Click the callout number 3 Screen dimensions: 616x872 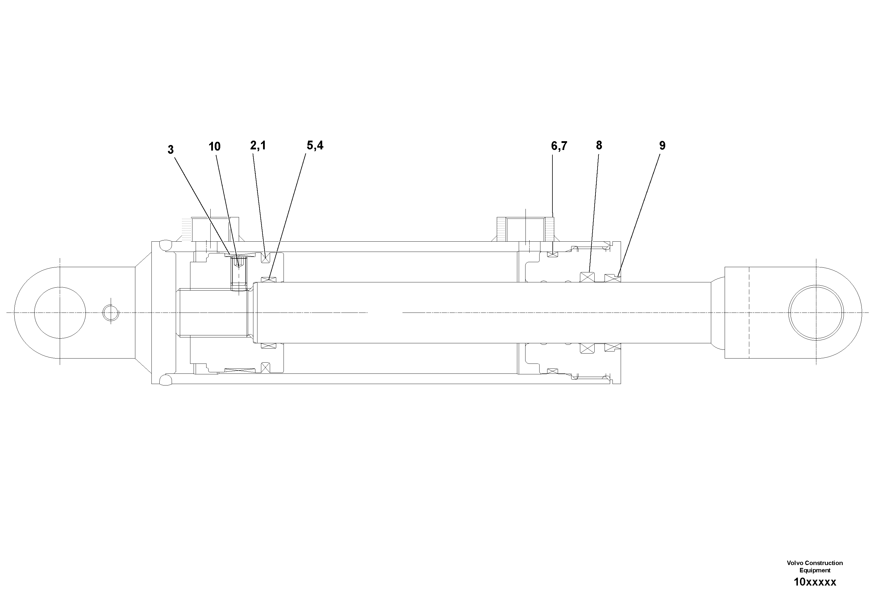tap(170, 150)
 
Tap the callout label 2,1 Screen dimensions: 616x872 tap(258, 146)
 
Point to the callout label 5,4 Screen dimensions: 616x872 tap(315, 146)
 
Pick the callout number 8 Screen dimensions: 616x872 tap(599, 146)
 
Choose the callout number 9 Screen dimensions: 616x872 tap(662, 146)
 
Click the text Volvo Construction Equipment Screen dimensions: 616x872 tap(815, 566)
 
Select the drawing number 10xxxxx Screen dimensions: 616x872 tap(815, 582)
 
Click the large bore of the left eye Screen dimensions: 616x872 tap(60, 313)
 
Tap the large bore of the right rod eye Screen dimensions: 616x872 tap(816, 313)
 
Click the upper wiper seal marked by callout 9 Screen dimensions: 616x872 tap(612, 278)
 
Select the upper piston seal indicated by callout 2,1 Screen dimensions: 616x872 tap(265, 258)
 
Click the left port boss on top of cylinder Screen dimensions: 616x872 tap(216, 229)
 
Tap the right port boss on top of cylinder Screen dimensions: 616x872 tap(525, 229)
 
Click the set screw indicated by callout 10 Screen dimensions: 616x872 tap(238, 271)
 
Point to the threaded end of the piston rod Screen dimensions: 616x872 tap(213, 313)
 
